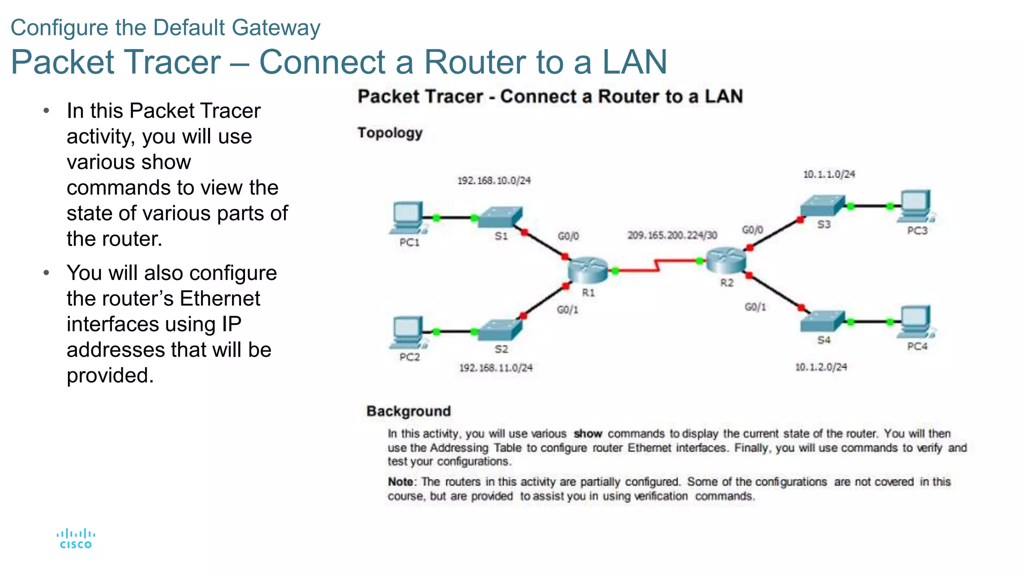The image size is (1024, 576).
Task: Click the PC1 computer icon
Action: point(408,217)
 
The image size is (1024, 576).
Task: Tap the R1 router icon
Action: point(588,270)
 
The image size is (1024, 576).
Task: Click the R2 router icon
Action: point(726,260)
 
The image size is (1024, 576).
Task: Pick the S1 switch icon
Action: point(500,217)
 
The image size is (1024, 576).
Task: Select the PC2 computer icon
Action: point(408,332)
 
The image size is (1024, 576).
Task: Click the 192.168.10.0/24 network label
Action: point(494,180)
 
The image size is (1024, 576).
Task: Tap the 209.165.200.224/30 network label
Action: point(672,235)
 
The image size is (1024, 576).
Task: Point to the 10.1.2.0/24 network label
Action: point(821,367)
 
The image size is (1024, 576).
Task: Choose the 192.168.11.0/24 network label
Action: point(496,368)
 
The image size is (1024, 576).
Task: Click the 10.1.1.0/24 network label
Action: point(829,174)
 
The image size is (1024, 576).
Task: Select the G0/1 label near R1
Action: point(567,310)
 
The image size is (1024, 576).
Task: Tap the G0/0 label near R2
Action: point(752,230)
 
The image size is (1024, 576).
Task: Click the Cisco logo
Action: point(75,539)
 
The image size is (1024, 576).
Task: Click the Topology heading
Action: point(390,133)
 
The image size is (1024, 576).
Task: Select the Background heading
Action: point(408,411)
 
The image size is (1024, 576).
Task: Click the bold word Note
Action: point(400,482)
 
